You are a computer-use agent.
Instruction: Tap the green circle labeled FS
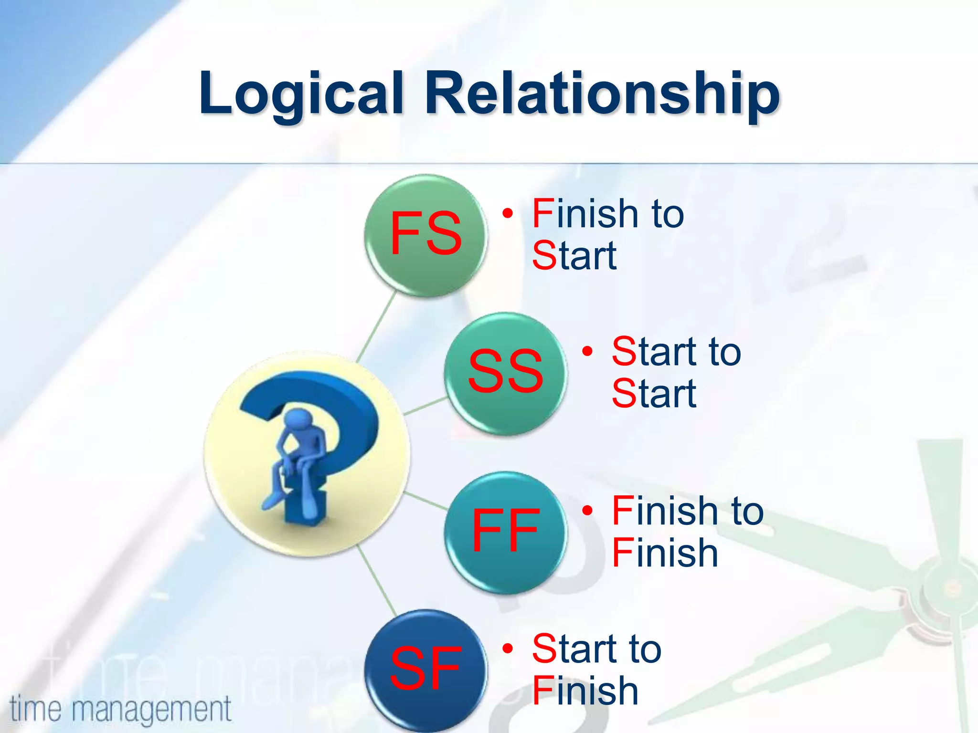(425, 235)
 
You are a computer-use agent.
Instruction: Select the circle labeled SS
(505, 373)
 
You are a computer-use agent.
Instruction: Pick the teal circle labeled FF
(505, 532)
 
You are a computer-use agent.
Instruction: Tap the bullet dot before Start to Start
(587, 351)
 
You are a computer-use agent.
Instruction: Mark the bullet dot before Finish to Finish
(587, 510)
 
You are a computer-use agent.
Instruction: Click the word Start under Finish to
(574, 256)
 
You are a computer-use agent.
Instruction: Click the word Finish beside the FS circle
(585, 214)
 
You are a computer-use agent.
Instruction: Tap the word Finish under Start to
(585, 691)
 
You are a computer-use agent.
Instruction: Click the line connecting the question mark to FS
(377, 326)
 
